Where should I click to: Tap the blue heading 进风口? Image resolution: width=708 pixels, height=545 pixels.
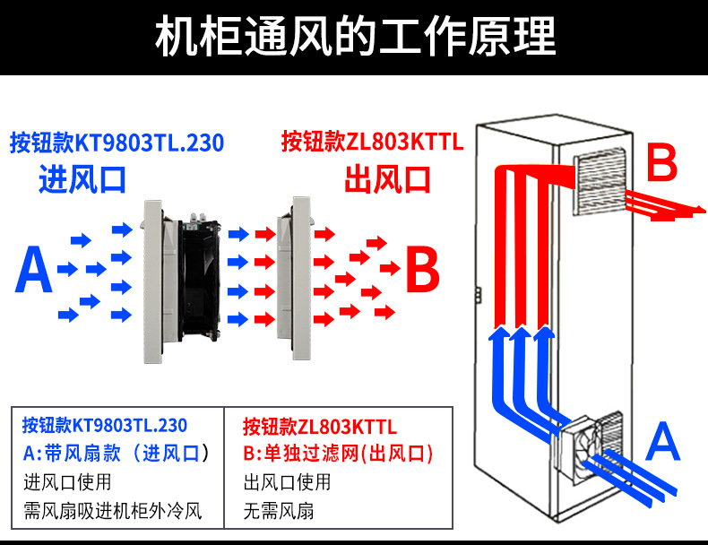(82, 179)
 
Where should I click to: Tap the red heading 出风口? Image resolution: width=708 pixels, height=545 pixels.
(387, 179)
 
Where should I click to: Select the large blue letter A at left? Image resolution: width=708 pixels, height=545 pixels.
(34, 272)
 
